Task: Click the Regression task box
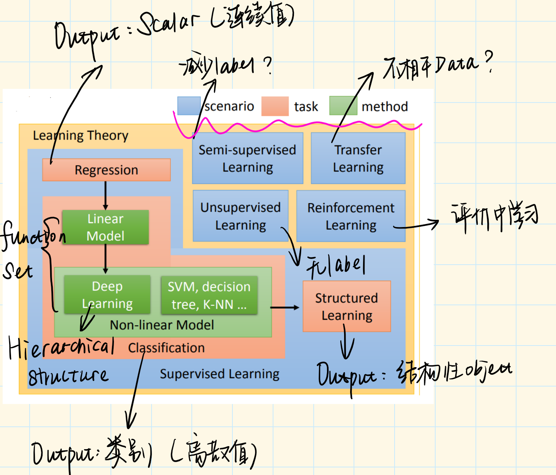coord(106,170)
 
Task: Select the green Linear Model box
coord(105,227)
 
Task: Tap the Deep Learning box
coord(107,295)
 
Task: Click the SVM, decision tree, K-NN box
coord(209,295)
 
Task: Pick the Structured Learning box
coord(346,306)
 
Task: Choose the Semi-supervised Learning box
coord(247,158)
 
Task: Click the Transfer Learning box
coord(358,158)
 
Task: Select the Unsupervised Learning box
coord(240,216)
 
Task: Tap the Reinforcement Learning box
coord(351,216)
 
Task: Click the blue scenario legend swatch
coord(189,106)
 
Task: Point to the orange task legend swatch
coord(275,106)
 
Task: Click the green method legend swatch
coord(343,106)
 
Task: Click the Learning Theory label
coord(81,136)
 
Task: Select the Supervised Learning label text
coord(220,374)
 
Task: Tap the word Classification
coord(166,348)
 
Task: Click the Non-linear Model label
coord(162,325)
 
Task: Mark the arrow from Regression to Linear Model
coord(106,195)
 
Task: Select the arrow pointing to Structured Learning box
coord(285,307)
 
